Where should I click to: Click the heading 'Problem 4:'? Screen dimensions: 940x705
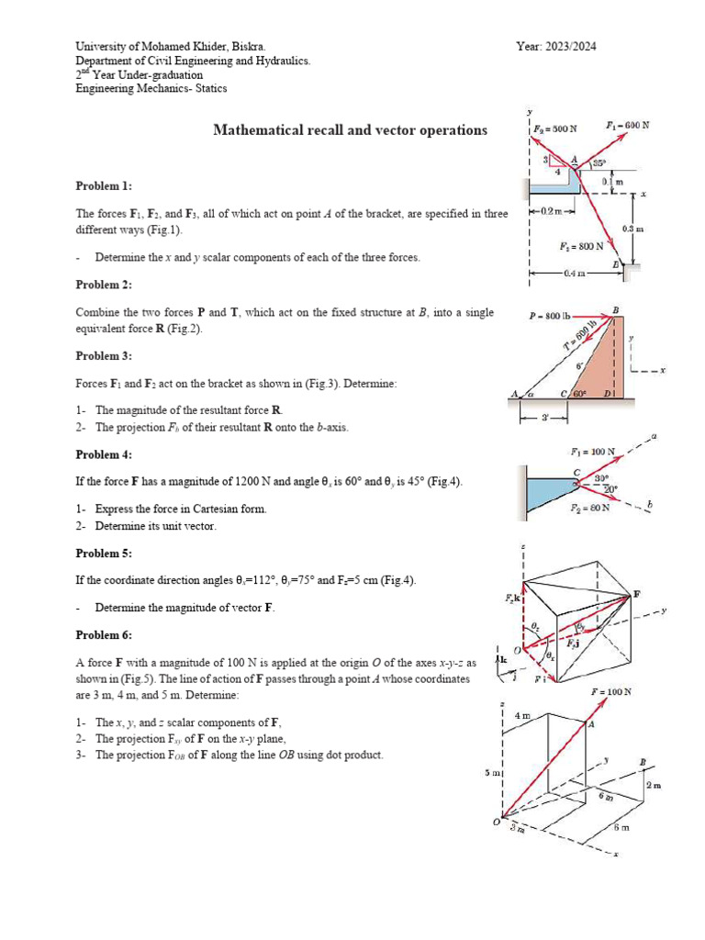103,454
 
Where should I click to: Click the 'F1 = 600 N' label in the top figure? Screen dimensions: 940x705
628,124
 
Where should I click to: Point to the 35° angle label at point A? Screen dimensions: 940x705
599,163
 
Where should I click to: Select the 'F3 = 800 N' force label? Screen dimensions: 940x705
581,246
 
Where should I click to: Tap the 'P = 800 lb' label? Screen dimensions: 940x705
551,316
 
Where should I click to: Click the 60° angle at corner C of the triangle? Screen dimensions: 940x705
579,394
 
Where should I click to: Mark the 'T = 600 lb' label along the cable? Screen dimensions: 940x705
579,336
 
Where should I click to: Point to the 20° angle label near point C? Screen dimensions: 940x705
610,489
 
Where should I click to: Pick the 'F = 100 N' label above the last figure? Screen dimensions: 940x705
611,691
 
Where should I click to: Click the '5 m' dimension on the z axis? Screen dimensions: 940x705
491,774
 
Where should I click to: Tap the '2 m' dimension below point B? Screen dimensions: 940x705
653,786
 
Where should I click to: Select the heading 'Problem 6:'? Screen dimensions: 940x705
103,635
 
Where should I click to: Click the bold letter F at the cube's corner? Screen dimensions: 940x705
635,595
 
